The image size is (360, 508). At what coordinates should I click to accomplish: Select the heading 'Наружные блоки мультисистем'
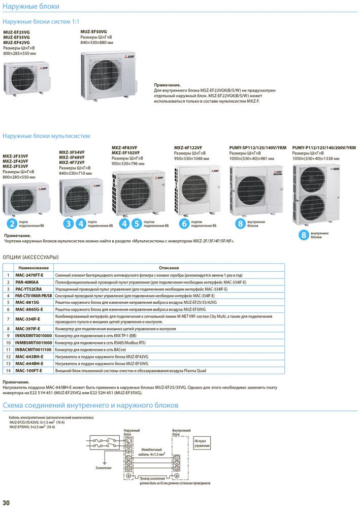point(46,136)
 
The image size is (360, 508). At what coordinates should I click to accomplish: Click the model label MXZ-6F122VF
point(188,147)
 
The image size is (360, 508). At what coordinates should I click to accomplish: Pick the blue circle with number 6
point(184,223)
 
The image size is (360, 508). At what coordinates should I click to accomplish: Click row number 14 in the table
point(8,371)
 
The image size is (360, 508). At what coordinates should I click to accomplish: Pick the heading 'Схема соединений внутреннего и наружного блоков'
point(90,405)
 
